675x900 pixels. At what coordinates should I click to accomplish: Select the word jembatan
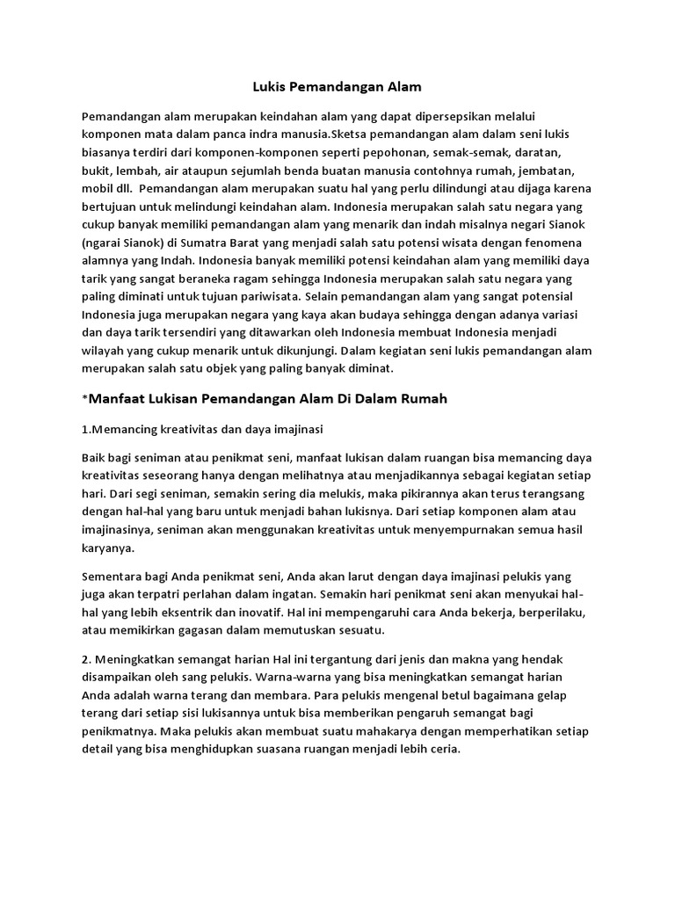(x=558, y=171)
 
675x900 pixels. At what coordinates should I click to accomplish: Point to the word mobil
(x=98, y=189)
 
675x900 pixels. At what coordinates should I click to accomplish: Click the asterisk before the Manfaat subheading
(x=85, y=400)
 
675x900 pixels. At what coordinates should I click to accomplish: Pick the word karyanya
(x=107, y=548)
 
